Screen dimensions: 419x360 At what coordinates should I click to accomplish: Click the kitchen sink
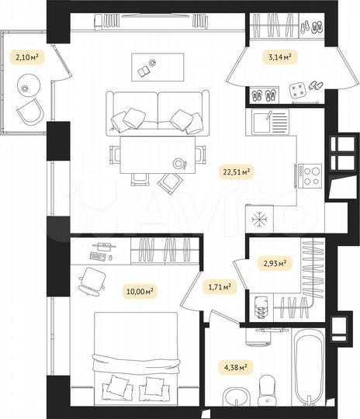coord(275,121)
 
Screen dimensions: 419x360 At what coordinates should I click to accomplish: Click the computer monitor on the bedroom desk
coord(102,245)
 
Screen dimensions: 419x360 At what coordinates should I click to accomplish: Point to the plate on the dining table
coord(182,163)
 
